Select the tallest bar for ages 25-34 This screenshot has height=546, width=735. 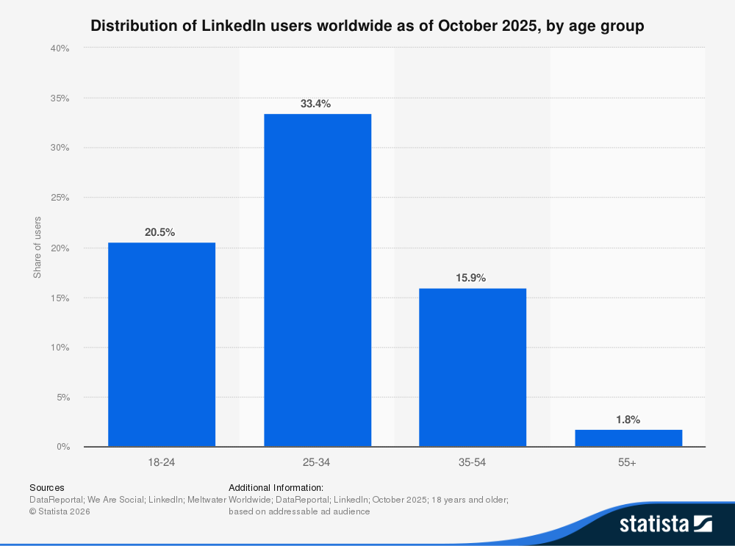coord(318,280)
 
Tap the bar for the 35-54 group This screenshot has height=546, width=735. coord(473,367)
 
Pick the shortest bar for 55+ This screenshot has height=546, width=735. coord(628,438)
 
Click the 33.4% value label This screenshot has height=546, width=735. coord(315,104)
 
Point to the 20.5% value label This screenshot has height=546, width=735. coord(159,232)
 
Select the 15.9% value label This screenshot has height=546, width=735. coord(470,278)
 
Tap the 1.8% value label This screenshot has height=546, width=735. coord(628,420)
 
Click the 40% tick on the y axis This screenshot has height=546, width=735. coord(60,49)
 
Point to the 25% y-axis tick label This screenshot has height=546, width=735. coord(60,198)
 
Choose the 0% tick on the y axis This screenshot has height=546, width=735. coord(62,447)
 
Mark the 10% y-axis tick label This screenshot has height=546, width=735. coord(60,348)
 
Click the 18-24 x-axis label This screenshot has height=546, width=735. coord(162,463)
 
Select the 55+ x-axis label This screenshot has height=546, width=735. coord(628,463)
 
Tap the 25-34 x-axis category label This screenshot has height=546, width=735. coord(318,463)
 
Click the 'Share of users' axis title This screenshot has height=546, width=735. coord(37,248)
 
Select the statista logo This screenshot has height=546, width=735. coord(665,523)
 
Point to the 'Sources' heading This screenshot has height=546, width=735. coord(46,487)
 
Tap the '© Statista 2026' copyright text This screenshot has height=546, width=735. coord(60,511)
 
